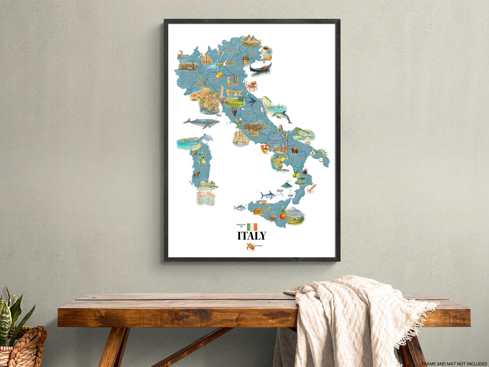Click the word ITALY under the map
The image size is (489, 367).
point(252,236)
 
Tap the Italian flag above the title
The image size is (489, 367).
point(252,226)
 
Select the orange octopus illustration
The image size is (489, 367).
point(252,86)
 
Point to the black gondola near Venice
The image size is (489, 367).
point(260,68)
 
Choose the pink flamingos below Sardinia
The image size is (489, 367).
point(205,198)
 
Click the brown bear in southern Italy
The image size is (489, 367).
point(294,150)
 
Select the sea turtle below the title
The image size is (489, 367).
point(250,246)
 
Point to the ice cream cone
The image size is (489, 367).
point(229,81)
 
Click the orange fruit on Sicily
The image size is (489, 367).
point(282,215)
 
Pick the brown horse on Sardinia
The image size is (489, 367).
point(197,175)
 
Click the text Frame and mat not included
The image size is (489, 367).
point(454,363)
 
